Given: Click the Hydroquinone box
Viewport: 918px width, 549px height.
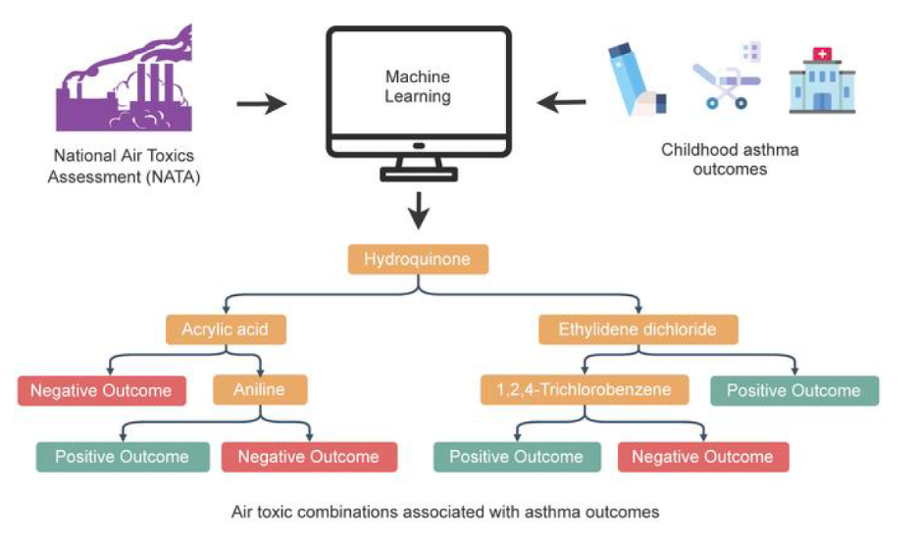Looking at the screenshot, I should click(x=418, y=260).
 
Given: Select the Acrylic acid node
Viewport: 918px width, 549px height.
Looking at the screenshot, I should click(x=226, y=329).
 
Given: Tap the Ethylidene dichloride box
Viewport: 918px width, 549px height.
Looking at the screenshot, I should click(x=638, y=329).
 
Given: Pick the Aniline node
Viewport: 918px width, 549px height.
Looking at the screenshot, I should click(x=260, y=389).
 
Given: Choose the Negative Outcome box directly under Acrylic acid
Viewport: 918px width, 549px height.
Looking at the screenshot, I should click(x=100, y=390).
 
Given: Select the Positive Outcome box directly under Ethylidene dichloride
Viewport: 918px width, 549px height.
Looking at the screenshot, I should click(x=793, y=390).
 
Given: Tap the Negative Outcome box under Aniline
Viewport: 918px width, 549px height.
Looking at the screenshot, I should click(x=308, y=457).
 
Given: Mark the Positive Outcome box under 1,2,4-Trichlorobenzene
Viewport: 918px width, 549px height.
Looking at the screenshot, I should click(x=516, y=457).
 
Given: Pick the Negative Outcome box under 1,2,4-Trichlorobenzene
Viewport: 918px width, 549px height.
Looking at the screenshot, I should click(x=702, y=457).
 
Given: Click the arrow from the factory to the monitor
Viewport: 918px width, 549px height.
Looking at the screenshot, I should click(x=263, y=103).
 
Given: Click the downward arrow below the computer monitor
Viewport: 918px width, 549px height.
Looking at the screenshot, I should click(x=420, y=208).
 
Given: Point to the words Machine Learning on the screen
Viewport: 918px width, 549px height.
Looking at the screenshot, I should click(x=418, y=86).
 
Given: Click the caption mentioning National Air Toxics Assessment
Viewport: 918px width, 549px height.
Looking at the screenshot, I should click(x=124, y=167).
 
